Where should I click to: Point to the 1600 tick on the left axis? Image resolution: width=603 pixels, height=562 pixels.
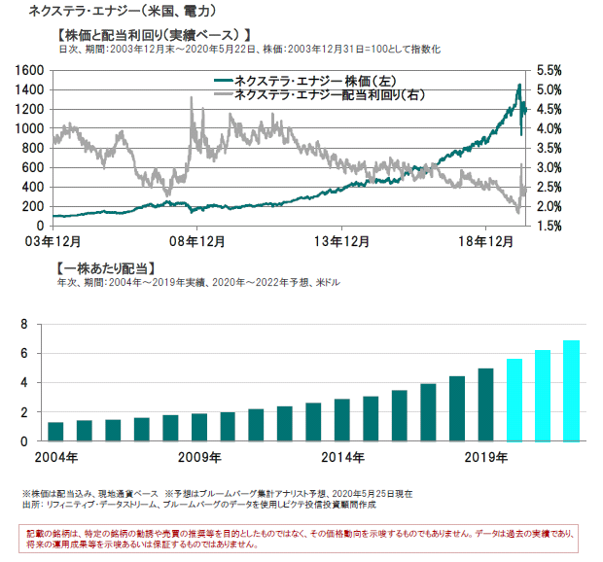coord(30,71)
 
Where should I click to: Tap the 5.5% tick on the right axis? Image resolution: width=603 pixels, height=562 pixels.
coord(550,71)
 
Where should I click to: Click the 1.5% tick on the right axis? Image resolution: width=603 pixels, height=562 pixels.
coord(550,226)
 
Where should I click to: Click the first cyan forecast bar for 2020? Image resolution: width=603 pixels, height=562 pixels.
coord(514,400)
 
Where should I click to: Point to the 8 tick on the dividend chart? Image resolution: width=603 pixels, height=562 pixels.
coord(25,325)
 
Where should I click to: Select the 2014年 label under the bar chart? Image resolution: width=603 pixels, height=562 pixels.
coord(343,457)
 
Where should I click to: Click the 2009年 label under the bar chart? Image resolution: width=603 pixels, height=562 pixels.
coord(199,457)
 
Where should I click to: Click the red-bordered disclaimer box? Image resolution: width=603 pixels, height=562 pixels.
coord(301,539)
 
